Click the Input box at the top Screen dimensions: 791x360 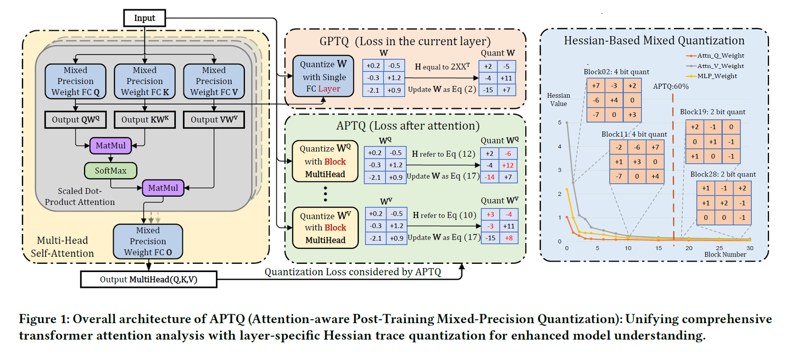144,18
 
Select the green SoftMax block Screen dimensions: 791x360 110,170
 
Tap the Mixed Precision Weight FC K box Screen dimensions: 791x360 145,81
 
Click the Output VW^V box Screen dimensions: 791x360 214,120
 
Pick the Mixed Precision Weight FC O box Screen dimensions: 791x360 148,241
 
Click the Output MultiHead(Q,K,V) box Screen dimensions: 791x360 149,279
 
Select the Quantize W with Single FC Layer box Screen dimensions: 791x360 324,76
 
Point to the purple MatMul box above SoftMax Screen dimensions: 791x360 110,146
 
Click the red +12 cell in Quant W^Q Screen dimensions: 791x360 508,165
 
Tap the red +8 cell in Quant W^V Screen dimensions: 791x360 509,238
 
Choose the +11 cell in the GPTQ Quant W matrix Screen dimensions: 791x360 506,78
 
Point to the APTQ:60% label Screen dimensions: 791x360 671,86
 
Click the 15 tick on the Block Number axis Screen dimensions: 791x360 659,248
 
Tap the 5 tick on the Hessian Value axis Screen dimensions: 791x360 559,123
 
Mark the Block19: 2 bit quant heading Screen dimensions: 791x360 712,112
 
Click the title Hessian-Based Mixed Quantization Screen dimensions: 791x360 654,41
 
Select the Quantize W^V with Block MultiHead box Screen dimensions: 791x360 325,228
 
